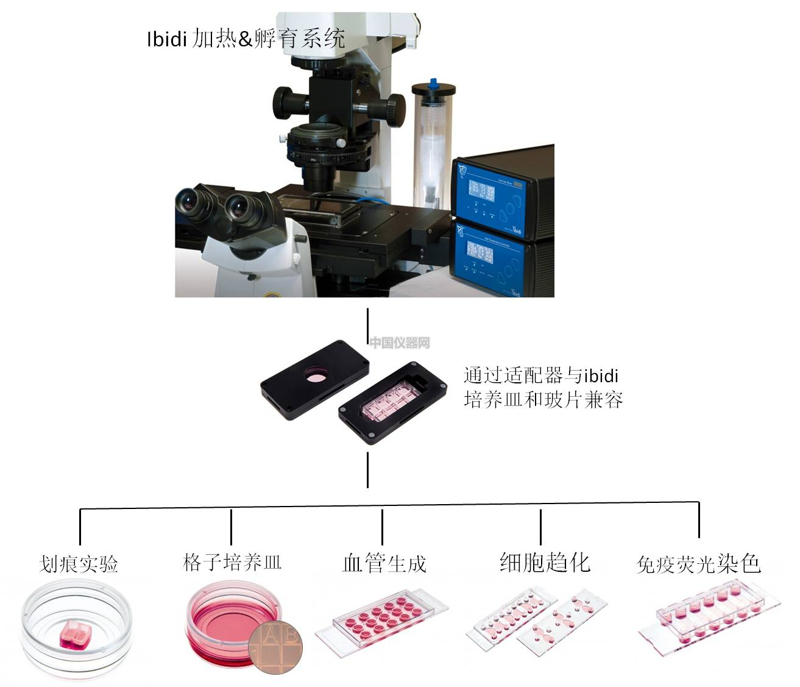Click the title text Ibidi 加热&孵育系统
(246, 38)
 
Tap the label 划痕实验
(79, 564)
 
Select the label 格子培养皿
(232, 562)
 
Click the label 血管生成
(384, 563)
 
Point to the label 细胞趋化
(545, 562)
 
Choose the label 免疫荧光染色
(699, 564)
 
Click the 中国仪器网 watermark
(400, 343)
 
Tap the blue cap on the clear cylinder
(433, 82)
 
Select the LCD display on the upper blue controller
(481, 191)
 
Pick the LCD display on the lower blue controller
(480, 252)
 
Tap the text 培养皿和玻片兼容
(543, 400)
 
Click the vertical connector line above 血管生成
(383, 527)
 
